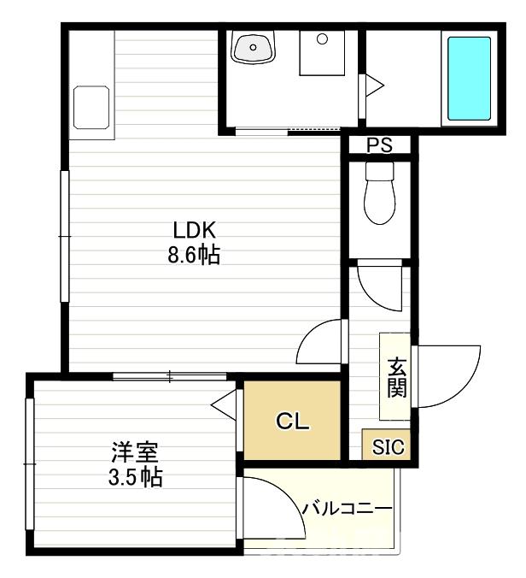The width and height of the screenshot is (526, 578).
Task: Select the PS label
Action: click(379, 145)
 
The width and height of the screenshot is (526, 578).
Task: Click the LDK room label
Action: click(198, 230)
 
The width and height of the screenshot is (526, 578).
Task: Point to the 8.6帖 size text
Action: click(198, 254)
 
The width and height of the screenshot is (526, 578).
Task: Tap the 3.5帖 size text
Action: click(135, 475)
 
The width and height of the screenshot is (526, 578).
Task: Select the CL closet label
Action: click(292, 422)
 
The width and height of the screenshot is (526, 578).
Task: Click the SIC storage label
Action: click(389, 446)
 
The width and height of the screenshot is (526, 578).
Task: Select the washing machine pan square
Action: click(322, 55)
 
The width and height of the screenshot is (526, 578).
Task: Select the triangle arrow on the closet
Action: click(224, 403)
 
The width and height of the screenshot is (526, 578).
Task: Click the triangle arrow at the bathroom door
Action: click(373, 86)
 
